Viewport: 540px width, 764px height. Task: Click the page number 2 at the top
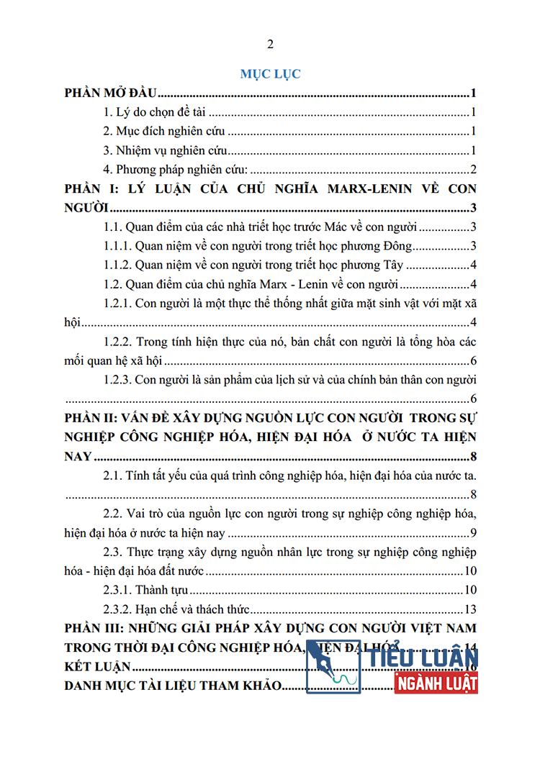click(x=270, y=45)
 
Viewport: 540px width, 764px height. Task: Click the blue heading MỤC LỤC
click(x=270, y=73)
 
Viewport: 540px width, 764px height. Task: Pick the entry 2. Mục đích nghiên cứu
click(x=164, y=132)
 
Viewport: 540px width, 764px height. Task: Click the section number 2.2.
click(x=113, y=514)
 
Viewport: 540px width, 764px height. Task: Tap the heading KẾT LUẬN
click(x=96, y=667)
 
